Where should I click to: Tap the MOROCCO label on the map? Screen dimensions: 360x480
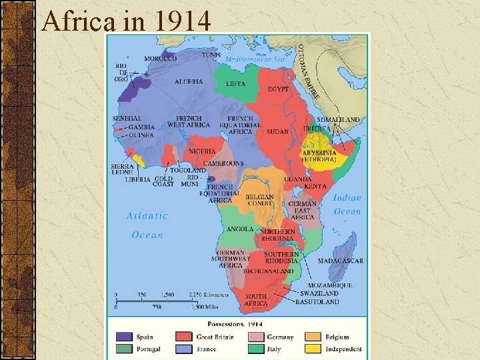(x=161, y=58)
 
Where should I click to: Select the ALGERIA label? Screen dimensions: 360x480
(x=189, y=81)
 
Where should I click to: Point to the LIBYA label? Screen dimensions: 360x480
(x=235, y=84)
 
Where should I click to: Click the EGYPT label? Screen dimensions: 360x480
(x=278, y=89)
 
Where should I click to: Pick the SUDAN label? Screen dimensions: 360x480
(x=277, y=131)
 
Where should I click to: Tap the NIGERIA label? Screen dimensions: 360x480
(x=202, y=151)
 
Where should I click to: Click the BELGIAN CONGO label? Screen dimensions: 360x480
(x=259, y=200)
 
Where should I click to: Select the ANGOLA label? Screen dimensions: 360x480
(x=240, y=229)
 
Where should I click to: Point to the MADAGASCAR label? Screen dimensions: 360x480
(x=340, y=261)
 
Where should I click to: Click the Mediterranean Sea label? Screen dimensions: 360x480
(x=255, y=59)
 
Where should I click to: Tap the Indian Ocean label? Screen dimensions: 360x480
(x=347, y=205)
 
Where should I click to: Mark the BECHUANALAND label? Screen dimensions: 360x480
(x=268, y=271)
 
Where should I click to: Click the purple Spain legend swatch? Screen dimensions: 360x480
(x=124, y=337)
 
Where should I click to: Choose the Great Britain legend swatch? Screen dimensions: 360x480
(x=184, y=337)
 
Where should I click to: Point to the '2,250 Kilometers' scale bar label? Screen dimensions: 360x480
(x=209, y=294)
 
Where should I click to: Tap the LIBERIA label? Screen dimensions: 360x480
(x=137, y=179)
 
